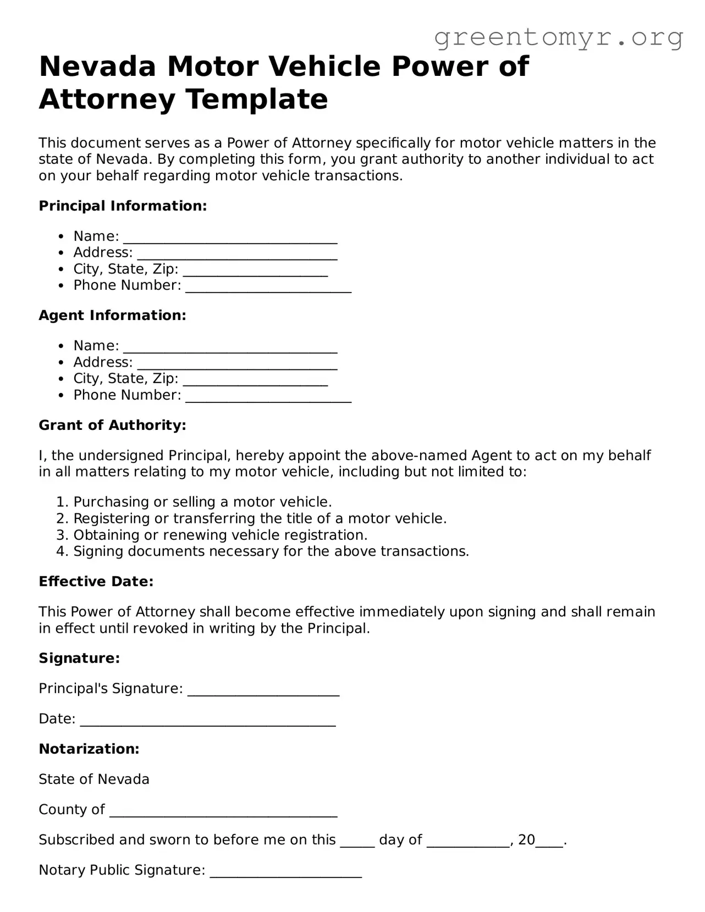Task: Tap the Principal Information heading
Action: point(123,206)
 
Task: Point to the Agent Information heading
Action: point(112,316)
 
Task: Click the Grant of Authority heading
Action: point(112,425)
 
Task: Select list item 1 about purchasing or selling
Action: point(202,502)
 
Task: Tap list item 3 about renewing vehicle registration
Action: point(220,535)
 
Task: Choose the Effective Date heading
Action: point(96,582)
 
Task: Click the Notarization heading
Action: point(89,749)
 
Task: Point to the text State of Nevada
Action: point(94,779)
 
